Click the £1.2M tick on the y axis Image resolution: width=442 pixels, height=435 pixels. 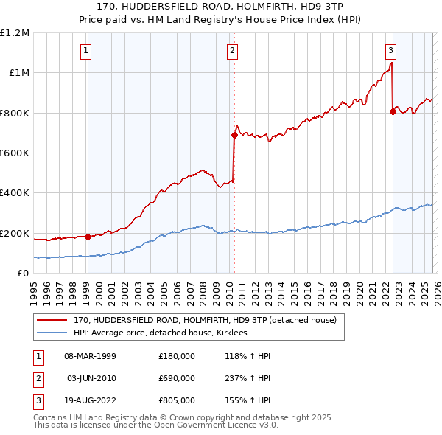click(15, 32)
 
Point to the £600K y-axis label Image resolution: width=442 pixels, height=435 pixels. click(15, 153)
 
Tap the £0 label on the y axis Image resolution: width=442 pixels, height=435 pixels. click(23, 273)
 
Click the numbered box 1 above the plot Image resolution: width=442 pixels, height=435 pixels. click(86, 51)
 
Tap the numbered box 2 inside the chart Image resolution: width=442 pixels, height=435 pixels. click(232, 51)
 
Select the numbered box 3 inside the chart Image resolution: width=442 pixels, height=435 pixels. click(390, 51)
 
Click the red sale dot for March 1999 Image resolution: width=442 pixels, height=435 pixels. click(88, 237)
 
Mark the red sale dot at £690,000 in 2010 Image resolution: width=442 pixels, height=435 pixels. click(235, 135)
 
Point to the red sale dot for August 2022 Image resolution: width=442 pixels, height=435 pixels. click(393, 111)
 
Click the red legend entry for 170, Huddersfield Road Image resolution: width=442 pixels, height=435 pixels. click(205, 320)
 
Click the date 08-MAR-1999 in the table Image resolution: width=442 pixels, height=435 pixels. click(91, 355)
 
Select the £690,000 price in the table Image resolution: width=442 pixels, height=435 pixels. click(177, 378)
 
